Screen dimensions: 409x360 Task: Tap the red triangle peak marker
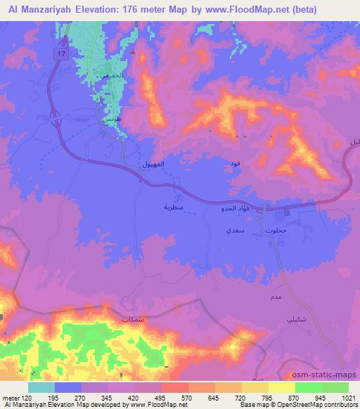tap(131, 51)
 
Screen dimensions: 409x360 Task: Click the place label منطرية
tap(174, 207)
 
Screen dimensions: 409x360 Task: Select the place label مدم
tap(276, 299)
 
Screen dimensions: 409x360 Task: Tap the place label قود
tap(234, 164)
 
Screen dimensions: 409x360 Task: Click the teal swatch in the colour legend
tap(41, 387)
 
